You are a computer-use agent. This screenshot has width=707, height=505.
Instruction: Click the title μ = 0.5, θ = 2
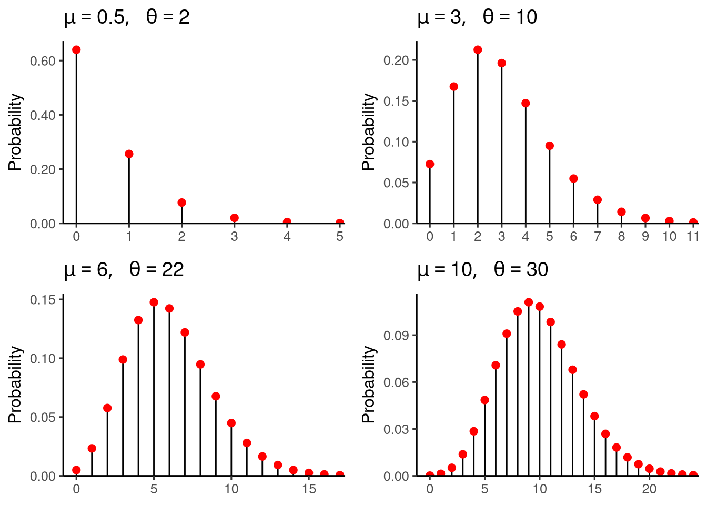coord(126,17)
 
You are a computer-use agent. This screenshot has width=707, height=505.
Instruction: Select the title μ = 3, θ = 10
coord(477,17)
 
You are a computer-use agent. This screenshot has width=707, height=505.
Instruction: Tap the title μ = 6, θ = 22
coord(124,270)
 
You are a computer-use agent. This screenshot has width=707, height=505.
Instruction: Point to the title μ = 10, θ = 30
coord(482,270)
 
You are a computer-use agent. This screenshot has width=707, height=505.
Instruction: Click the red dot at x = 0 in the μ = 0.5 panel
coord(76,50)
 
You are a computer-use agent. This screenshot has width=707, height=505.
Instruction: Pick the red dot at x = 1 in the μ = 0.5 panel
coord(129,154)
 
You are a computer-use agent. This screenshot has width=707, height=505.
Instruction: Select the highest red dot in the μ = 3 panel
coord(478,50)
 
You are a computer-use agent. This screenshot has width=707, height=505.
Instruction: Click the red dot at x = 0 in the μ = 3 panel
coord(430,164)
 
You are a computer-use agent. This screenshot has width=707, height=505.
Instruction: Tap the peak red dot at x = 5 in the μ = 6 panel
coord(154,302)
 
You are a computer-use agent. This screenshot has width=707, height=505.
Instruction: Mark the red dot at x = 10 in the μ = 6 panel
coord(231,423)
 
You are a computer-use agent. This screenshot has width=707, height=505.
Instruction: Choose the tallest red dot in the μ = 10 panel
coord(529,302)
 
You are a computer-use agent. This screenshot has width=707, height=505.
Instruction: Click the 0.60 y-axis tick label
coord(43,61)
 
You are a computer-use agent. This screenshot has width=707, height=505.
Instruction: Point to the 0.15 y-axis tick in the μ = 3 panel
coord(396,101)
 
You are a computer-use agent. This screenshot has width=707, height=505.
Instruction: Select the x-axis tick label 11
coord(693,237)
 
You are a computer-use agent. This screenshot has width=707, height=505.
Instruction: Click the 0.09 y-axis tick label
coord(396,336)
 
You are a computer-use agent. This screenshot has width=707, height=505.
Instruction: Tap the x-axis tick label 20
coord(649,489)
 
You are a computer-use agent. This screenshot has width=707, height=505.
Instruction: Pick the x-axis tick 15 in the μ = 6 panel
coord(309,489)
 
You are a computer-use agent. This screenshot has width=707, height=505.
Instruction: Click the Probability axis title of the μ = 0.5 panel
coord(16,132)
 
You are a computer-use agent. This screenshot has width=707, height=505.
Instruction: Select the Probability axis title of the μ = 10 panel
coord(369,385)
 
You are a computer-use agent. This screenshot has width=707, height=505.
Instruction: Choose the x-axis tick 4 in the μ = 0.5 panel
coord(287,237)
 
